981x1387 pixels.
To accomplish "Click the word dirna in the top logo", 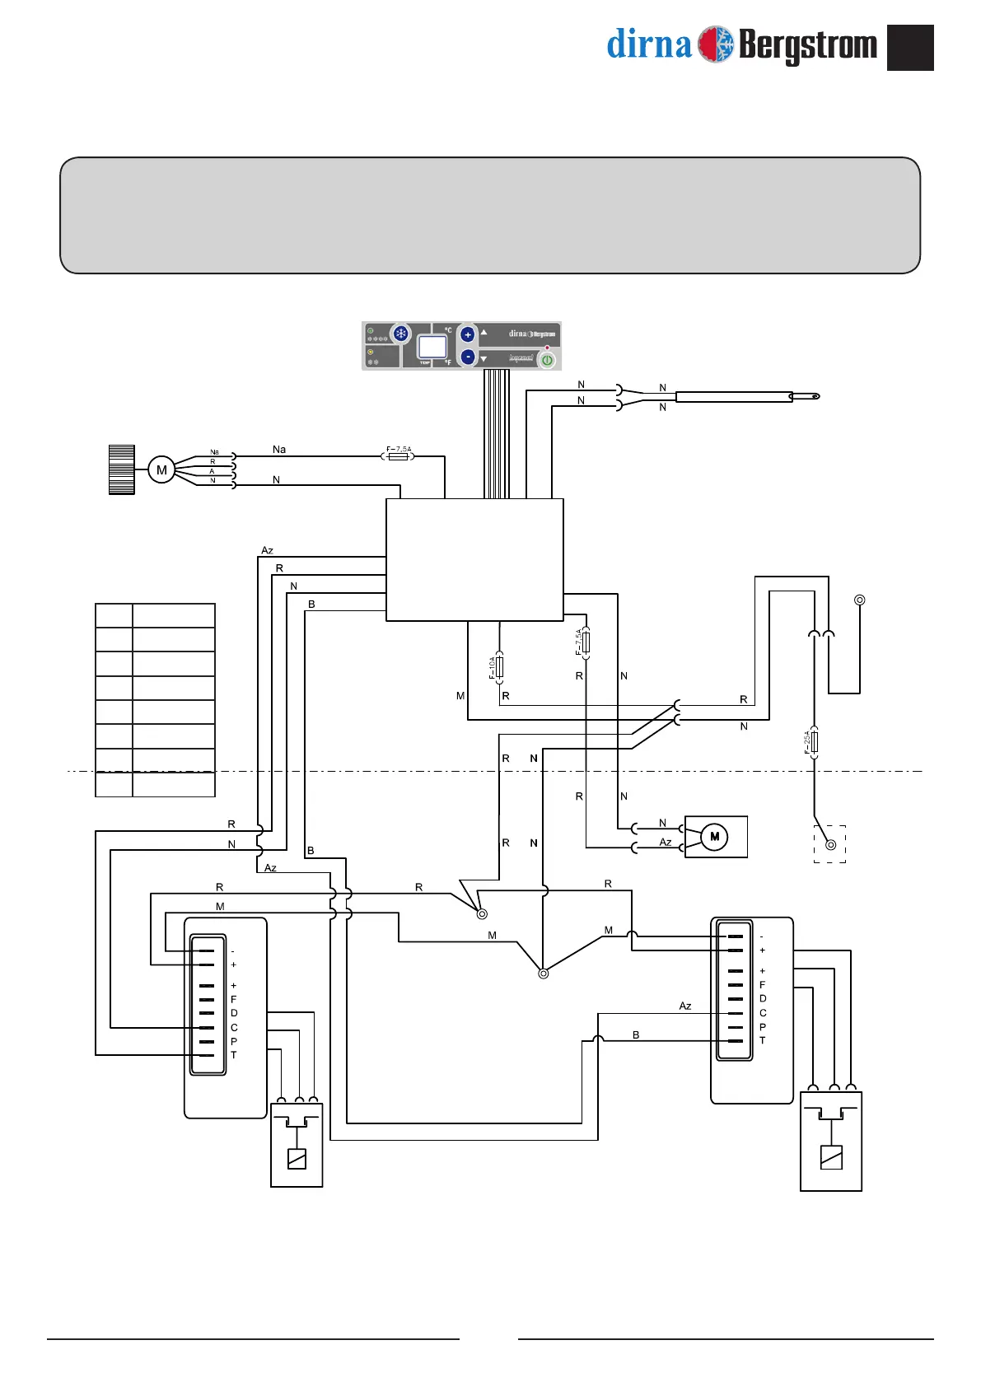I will tap(648, 44).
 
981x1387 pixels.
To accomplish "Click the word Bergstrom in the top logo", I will tap(808, 45).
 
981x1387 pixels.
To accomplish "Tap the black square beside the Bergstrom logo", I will tap(910, 48).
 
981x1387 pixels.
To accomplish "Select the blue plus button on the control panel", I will tap(468, 334).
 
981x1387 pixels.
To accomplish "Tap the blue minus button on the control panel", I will tap(468, 357).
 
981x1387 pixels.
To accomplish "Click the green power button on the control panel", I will tap(547, 360).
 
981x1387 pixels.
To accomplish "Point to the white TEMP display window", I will tap(432, 346).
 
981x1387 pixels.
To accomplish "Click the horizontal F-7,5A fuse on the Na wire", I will tap(399, 455).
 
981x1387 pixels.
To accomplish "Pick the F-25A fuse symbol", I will tap(815, 742).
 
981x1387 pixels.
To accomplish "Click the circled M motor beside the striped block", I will tap(161, 470).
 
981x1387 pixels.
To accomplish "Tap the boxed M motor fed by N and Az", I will tap(715, 837).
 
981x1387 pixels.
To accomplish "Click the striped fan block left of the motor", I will tap(122, 469).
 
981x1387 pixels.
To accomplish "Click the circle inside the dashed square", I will tap(830, 844).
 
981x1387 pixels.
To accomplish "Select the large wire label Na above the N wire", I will tap(279, 450).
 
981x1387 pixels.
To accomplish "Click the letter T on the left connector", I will tap(234, 1055).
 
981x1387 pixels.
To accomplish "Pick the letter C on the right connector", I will tap(763, 1013).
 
